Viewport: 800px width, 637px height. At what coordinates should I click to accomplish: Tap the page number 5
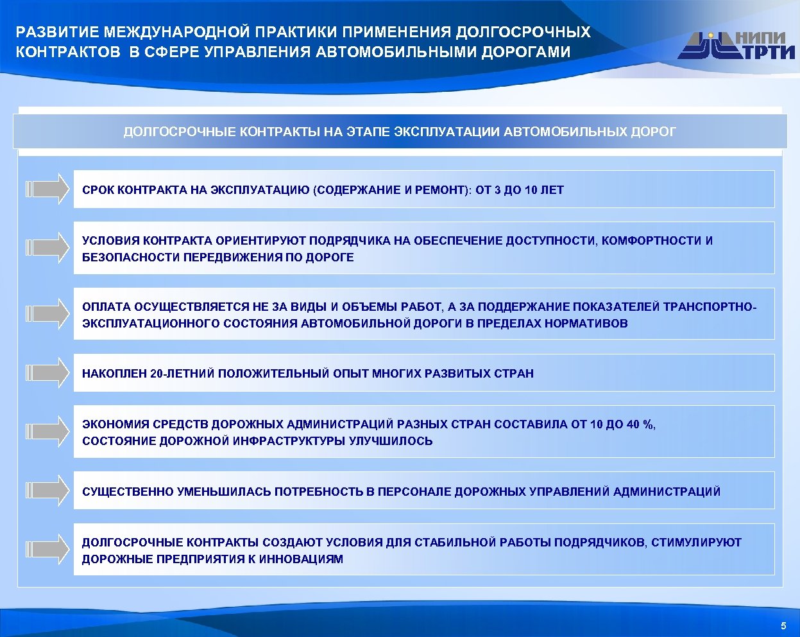[783, 625]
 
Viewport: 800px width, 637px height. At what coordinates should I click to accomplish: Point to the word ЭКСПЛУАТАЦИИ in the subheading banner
[447, 132]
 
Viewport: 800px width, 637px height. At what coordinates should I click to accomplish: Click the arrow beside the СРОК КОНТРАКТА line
[47, 189]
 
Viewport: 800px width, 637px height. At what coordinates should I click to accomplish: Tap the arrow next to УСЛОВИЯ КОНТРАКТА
[47, 247]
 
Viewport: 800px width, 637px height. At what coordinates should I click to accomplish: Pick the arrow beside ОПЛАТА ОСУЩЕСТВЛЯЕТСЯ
[47, 313]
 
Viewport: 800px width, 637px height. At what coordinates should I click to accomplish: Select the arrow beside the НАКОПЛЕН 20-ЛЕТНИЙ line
[47, 372]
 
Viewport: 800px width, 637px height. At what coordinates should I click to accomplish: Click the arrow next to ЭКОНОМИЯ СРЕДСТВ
[47, 431]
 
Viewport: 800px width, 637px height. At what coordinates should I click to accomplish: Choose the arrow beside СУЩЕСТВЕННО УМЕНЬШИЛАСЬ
[47, 491]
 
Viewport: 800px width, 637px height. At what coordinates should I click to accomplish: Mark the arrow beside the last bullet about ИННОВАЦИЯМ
[47, 549]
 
